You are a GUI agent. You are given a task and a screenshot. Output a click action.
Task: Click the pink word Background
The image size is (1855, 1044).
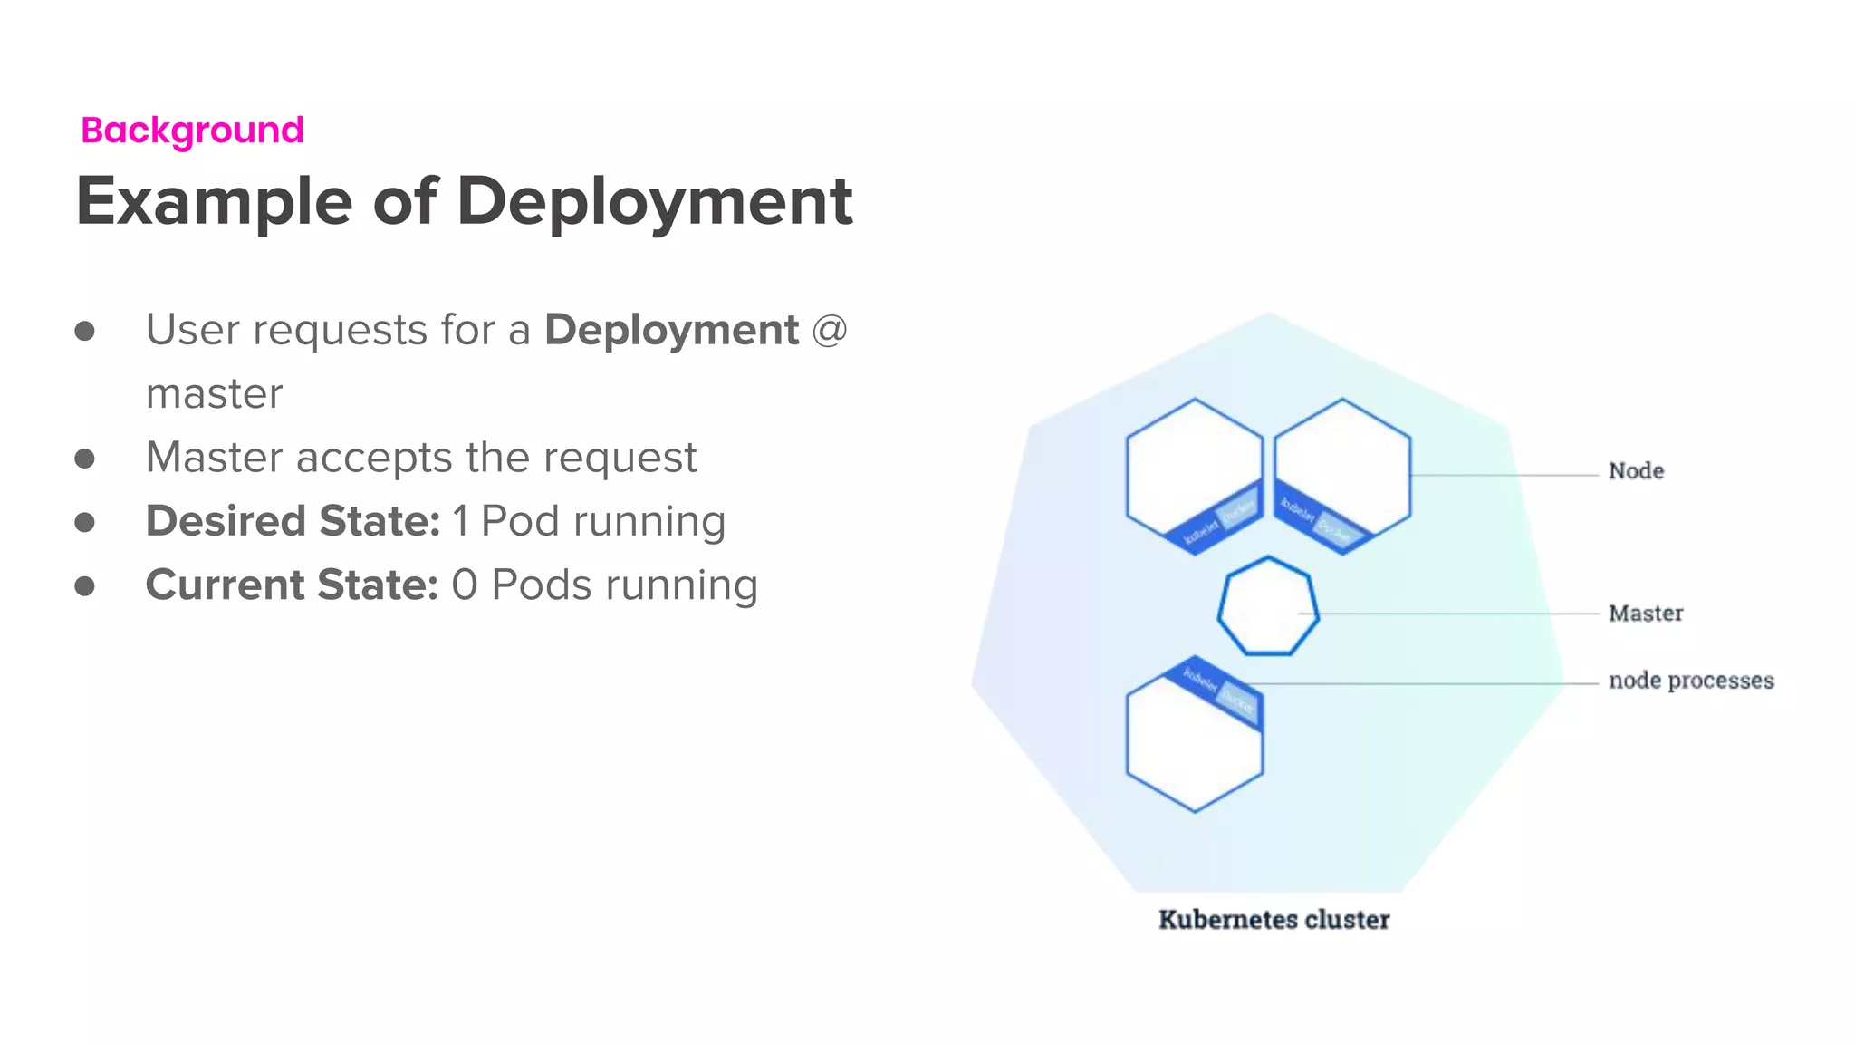coord(192,130)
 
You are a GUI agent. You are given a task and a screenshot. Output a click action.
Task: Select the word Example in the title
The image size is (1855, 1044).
coord(214,201)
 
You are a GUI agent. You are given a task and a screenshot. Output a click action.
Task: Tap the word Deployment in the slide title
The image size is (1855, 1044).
coord(654,201)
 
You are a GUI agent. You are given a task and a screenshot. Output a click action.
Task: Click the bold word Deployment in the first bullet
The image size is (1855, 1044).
coord(671,330)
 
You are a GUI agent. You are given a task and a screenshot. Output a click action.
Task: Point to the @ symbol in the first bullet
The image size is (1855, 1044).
coord(829,330)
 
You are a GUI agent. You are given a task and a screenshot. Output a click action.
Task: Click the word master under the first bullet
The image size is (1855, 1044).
coord(214,394)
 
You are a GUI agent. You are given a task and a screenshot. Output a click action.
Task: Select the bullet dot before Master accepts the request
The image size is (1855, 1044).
coord(85,459)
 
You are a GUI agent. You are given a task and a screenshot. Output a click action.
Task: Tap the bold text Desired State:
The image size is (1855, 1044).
coord(293,521)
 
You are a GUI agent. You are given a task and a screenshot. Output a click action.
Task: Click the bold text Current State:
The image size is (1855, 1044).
coord(292,585)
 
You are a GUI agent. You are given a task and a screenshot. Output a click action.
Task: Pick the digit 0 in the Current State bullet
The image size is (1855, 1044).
coord(464,585)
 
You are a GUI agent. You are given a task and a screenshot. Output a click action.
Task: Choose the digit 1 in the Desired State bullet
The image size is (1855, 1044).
coord(461,522)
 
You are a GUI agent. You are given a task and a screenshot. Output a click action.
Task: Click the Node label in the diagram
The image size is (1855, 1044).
coord(1636,471)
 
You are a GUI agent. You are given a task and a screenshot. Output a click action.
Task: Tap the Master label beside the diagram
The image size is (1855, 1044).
coord(1645,614)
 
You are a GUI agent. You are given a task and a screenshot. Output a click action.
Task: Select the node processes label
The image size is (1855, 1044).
coord(1690,681)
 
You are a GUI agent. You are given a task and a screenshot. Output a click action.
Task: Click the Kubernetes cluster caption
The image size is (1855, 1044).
coord(1274,920)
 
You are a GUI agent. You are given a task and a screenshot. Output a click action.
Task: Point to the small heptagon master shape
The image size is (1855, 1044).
coord(1268,605)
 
